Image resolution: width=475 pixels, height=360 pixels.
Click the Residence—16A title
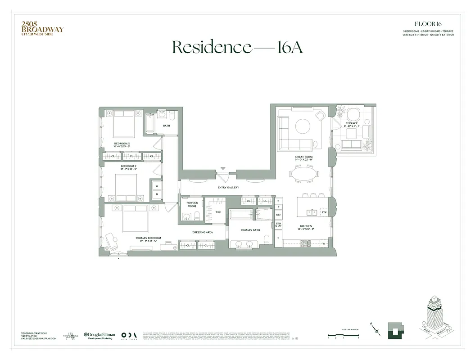tap(237, 47)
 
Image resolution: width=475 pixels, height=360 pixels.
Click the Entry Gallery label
tap(228, 188)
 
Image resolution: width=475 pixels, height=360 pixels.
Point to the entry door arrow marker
tap(222, 168)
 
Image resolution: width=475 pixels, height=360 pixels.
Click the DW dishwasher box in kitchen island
tap(324, 212)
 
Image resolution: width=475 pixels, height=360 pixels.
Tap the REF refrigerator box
tap(278, 215)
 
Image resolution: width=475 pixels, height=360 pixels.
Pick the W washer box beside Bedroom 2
tap(157, 185)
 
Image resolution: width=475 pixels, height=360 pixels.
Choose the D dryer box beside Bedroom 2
tap(157, 194)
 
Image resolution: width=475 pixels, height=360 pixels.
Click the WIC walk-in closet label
tap(218, 211)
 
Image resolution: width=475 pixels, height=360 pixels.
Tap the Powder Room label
tap(192, 205)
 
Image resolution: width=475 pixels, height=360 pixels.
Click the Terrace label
tap(352, 124)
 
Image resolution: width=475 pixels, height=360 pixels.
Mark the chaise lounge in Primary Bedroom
tap(112, 242)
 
